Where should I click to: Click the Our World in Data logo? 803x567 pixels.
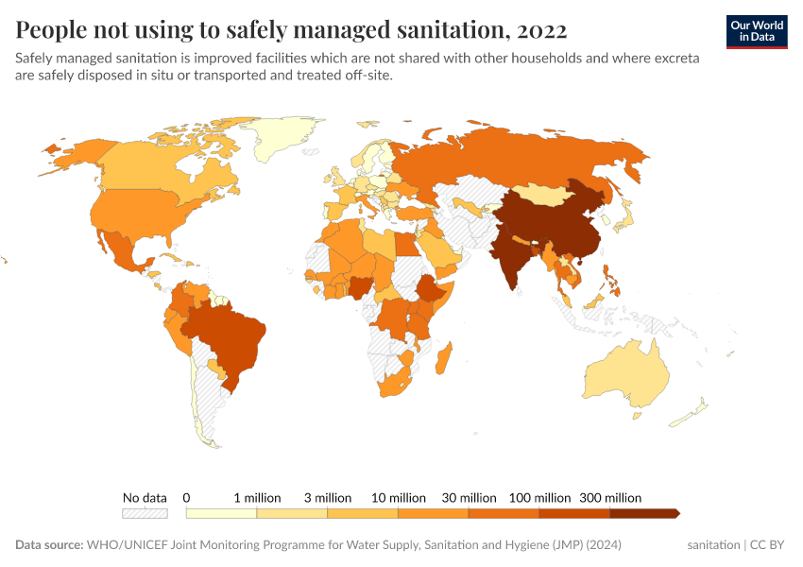coord(757,31)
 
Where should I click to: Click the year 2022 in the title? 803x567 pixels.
coord(542,30)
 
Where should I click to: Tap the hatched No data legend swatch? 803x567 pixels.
coord(145,513)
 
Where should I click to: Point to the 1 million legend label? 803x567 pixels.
coord(257,497)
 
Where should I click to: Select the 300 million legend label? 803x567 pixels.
coord(610,497)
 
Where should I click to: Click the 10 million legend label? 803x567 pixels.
coord(399,497)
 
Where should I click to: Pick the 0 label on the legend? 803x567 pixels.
coord(187,497)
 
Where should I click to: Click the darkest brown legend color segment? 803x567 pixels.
coord(643,513)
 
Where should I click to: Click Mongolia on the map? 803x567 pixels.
coord(545,195)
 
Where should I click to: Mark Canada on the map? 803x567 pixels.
coord(142,170)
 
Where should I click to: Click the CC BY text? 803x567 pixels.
coord(769,545)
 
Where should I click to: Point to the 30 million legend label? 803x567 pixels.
coord(469,497)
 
